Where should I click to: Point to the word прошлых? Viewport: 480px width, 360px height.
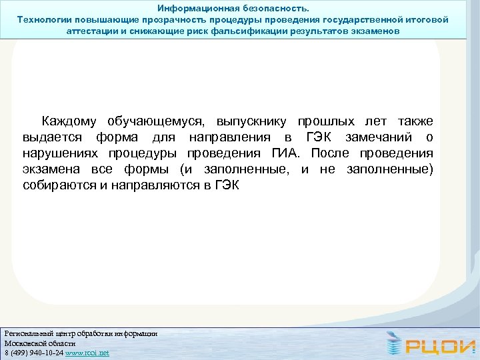pos(327,121)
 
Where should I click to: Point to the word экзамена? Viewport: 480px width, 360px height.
pos(51,169)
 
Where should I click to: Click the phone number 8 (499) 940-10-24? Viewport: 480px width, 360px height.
pos(33,353)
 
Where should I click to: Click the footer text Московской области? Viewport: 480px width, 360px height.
pos(40,343)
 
